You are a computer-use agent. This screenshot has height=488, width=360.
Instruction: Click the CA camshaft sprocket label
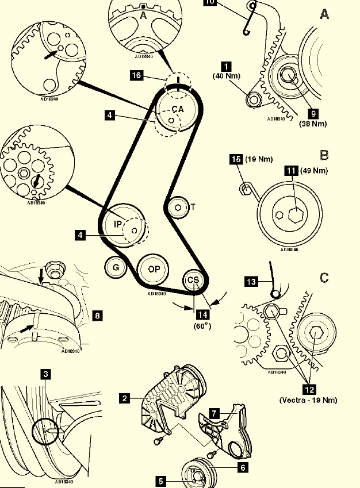pos(178,109)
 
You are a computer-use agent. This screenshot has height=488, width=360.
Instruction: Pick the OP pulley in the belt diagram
pos(154,269)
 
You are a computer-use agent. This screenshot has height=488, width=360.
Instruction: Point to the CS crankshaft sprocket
pos(193,280)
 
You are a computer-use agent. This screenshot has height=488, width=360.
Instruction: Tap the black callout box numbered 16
pos(136,75)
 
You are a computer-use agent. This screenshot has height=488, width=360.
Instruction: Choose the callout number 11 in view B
pos(291,171)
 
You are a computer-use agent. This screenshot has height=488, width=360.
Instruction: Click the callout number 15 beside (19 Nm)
pos(236,160)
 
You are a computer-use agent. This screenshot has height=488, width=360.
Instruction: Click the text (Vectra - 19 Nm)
pos(308,399)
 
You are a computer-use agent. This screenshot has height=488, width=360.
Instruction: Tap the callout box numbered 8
pos(98,315)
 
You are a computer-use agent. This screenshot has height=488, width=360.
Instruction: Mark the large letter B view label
pos(324,155)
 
